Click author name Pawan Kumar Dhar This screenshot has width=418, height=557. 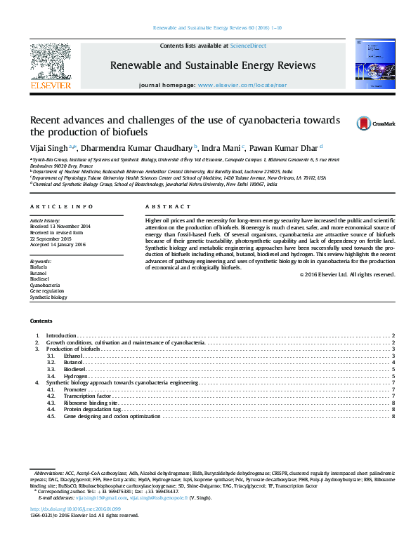pos(284,148)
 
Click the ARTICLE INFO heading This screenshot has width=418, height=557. pos(61,207)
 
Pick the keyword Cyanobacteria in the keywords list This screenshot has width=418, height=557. pos(44,286)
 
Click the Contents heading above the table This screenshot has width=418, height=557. pos(40,321)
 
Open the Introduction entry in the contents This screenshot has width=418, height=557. pos(60,337)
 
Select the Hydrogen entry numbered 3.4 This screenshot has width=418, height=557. pos(75,377)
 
